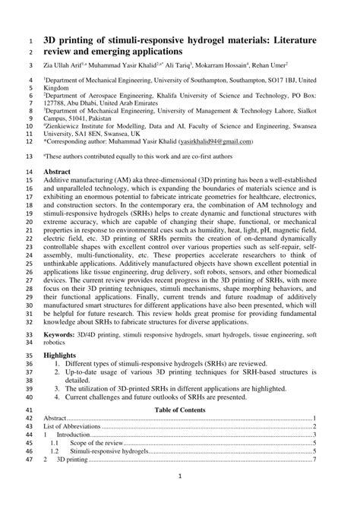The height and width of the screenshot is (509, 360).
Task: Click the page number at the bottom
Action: click(x=179, y=498)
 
